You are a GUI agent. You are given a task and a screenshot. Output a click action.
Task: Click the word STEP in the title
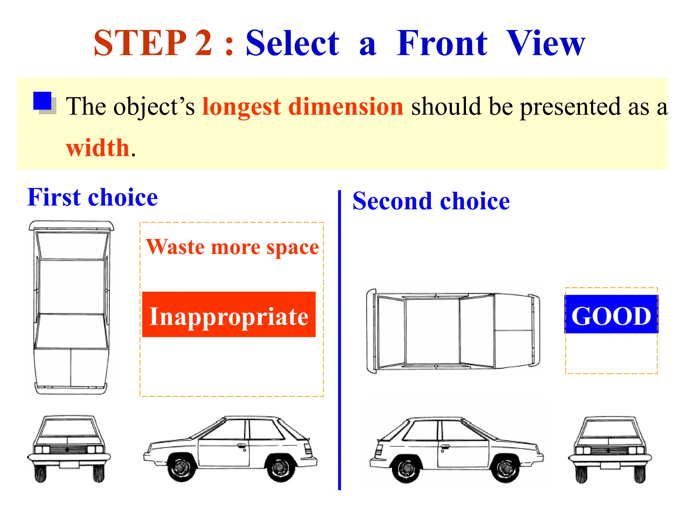tap(140, 43)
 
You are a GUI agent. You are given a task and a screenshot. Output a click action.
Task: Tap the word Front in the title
tap(442, 43)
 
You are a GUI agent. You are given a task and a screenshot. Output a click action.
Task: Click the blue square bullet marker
tap(43, 101)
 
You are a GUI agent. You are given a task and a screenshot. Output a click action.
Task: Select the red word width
tap(98, 148)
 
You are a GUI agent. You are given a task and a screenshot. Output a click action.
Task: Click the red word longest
tap(242, 107)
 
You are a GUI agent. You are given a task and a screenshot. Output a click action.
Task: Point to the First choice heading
tap(92, 198)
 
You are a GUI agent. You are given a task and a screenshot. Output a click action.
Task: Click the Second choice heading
tap(431, 201)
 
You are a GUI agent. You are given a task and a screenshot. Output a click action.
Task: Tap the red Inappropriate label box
tap(229, 315)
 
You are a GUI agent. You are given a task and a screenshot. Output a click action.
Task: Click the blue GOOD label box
tap(611, 314)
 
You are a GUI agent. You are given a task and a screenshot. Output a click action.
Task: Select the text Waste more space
tap(232, 247)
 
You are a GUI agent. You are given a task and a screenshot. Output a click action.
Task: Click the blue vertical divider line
tap(340, 339)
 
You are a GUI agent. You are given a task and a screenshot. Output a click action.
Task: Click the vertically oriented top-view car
tap(71, 308)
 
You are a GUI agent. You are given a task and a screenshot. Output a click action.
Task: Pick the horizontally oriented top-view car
tap(453, 331)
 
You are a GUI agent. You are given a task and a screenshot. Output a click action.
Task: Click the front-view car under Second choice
tap(610, 449)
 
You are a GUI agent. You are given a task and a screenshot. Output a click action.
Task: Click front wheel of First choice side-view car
tap(181, 467)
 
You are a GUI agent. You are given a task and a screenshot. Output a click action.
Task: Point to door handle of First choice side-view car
tap(242, 445)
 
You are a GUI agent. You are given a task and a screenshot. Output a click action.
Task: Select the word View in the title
tap(545, 43)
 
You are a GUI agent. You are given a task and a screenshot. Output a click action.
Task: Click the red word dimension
tap(346, 107)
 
